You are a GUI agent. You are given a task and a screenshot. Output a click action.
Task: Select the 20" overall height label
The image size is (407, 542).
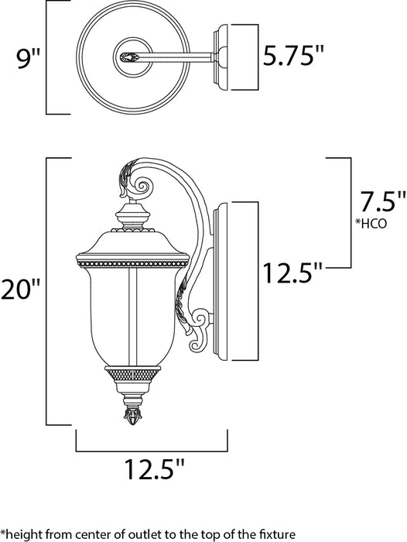[x=23, y=290]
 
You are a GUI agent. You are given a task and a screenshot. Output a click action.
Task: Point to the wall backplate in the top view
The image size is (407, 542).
[x=235, y=56]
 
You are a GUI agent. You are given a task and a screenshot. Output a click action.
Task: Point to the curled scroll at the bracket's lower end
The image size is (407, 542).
[x=202, y=318]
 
